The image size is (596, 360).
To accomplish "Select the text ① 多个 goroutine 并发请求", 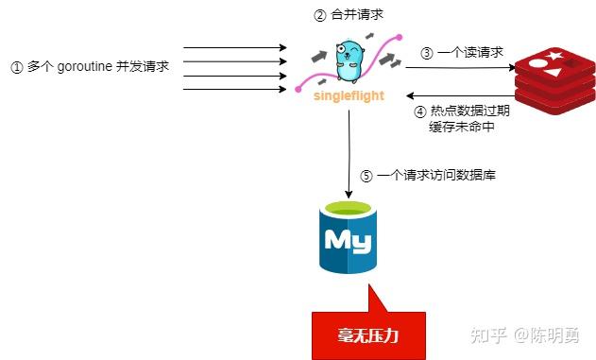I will point(89,67).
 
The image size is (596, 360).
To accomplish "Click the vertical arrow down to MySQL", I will point(349,151).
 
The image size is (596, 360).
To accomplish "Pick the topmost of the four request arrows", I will point(234,45).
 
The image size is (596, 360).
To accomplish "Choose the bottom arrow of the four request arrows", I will point(234,88).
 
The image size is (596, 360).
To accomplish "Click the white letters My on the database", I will point(348,240).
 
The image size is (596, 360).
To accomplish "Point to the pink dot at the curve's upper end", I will point(400,37).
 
